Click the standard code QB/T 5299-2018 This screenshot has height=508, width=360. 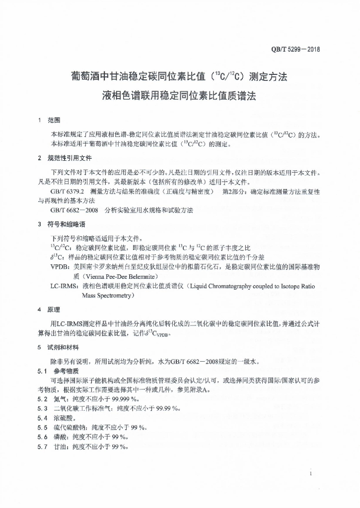295,49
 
